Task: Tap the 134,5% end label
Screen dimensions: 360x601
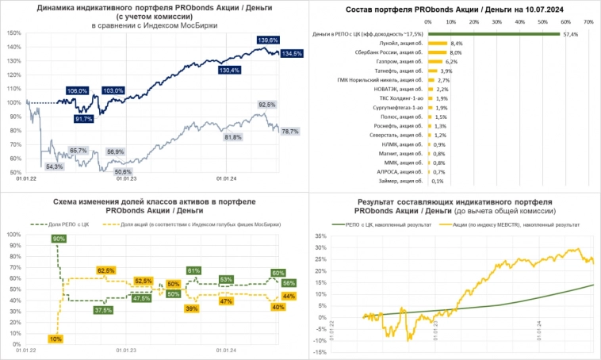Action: (291, 54)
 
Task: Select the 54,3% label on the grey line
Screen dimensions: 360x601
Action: (55, 167)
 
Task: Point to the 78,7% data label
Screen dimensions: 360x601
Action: (289, 132)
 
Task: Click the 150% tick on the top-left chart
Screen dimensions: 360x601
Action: (13, 33)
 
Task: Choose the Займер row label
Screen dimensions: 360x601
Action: (403, 180)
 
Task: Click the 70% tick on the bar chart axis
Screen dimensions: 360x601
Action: (588, 22)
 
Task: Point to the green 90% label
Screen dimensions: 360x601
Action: (59, 239)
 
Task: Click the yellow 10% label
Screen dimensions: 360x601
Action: (55, 339)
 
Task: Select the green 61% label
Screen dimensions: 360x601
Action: (193, 271)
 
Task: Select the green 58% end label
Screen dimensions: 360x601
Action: (289, 283)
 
